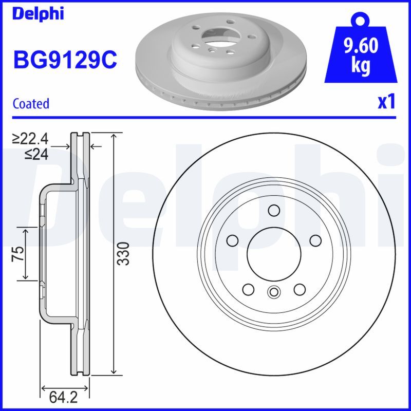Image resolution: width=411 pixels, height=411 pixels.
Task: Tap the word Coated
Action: pyautogui.click(x=31, y=103)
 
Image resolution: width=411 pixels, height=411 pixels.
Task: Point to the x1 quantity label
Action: pyautogui.click(x=386, y=102)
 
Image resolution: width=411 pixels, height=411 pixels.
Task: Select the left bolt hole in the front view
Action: pyautogui.click(x=232, y=240)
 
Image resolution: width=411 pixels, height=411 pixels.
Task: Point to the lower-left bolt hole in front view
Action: pyautogui.click(x=248, y=289)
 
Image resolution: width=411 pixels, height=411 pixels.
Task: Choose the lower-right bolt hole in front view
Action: pyautogui.click(x=299, y=289)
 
